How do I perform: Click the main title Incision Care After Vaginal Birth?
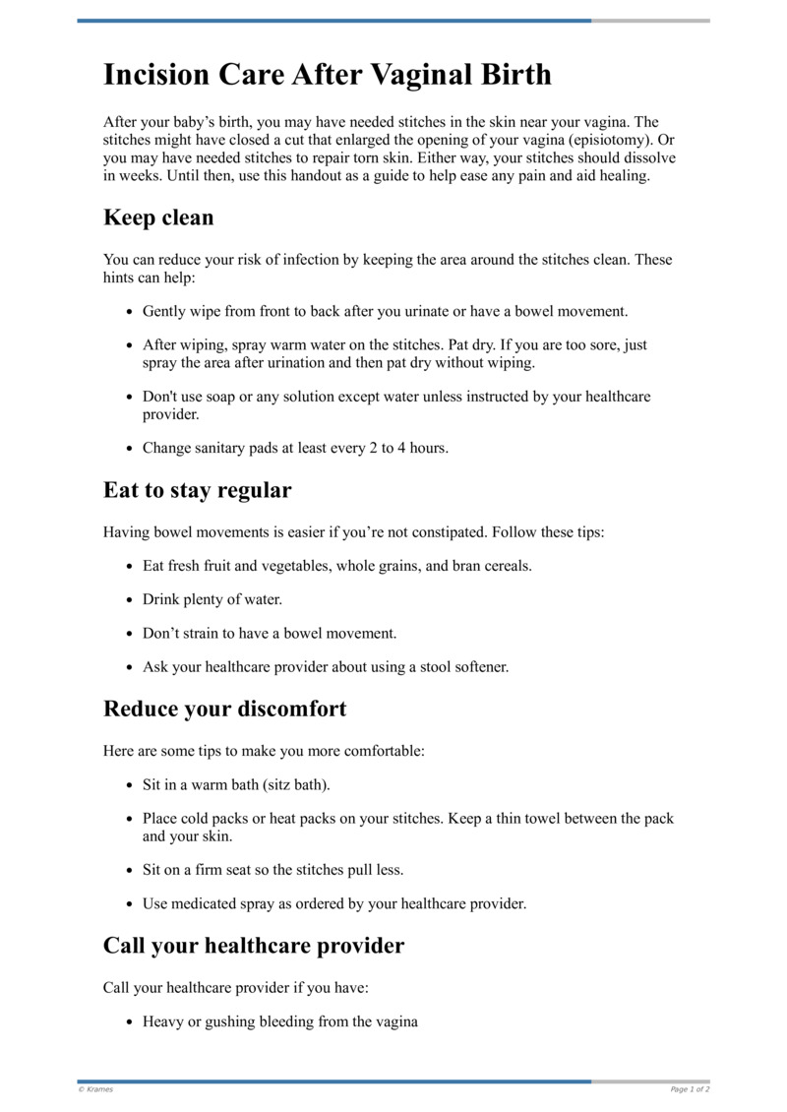point(328,75)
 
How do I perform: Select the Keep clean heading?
point(158,217)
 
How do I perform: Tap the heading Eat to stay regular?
point(197,490)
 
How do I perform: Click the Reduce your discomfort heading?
point(224,709)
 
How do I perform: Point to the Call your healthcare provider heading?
point(254,947)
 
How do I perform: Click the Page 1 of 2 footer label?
point(690,1089)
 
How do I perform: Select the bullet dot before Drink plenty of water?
point(130,600)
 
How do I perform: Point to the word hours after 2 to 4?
point(428,448)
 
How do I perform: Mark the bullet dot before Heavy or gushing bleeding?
point(130,1023)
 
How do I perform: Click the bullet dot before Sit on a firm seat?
point(130,871)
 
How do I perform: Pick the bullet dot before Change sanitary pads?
point(130,449)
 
